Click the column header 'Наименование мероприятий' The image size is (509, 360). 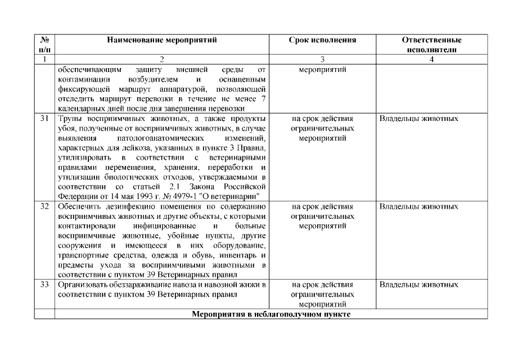pos(161,40)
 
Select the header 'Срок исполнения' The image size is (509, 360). pos(322,40)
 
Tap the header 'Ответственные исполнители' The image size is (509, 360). pos(431,45)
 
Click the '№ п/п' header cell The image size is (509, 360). pos(44,45)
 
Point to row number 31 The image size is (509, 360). pos(44,119)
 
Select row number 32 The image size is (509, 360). pos(44,207)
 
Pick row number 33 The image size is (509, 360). pos(44,285)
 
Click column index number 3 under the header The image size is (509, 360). pos(322,59)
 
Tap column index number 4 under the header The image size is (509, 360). pos(431,59)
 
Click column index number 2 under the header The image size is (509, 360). pos(161,59)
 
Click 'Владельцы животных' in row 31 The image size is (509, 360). pos(418,119)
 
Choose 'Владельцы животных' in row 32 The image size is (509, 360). pos(418,207)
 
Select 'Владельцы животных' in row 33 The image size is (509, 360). pos(418,285)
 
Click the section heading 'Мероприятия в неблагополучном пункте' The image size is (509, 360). pos(271,314)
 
